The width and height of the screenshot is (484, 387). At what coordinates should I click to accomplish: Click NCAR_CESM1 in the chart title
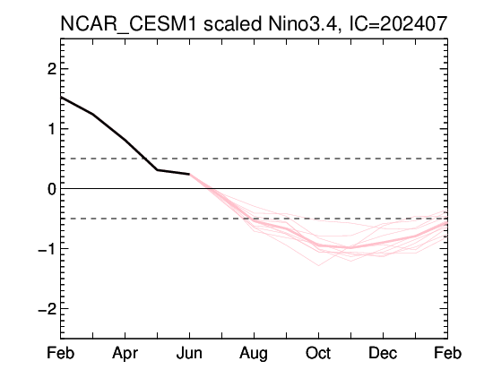(128, 24)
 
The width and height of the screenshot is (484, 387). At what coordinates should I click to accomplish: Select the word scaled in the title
(233, 23)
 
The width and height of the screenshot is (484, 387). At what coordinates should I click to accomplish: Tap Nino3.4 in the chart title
(305, 24)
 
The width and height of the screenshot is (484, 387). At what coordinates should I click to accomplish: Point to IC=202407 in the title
(398, 23)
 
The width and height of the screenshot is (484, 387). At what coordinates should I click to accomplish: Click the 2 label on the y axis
(52, 69)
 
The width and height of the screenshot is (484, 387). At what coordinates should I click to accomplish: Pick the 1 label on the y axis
(52, 129)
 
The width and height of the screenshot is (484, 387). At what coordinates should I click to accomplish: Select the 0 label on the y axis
(52, 189)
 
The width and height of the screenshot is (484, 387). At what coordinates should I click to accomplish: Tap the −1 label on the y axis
(48, 249)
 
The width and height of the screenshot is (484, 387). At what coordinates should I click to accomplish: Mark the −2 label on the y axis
(48, 308)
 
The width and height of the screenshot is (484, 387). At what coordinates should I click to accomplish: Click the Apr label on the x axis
(125, 354)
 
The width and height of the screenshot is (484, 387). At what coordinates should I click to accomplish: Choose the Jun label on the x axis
(189, 353)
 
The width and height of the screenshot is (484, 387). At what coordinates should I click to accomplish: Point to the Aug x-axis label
(254, 354)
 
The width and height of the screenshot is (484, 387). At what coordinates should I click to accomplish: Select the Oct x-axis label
(318, 353)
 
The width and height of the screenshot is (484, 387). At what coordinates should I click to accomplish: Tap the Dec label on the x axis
(383, 353)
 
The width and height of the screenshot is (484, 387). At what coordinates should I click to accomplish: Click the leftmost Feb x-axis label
(61, 353)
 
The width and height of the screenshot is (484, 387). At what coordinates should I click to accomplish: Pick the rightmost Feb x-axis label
(447, 353)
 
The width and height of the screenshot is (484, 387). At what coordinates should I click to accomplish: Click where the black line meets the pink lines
(189, 175)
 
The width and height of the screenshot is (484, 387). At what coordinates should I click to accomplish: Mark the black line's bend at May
(157, 169)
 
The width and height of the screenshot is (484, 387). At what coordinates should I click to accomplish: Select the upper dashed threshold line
(254, 159)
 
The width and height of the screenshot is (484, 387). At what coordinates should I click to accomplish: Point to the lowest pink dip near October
(318, 265)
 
